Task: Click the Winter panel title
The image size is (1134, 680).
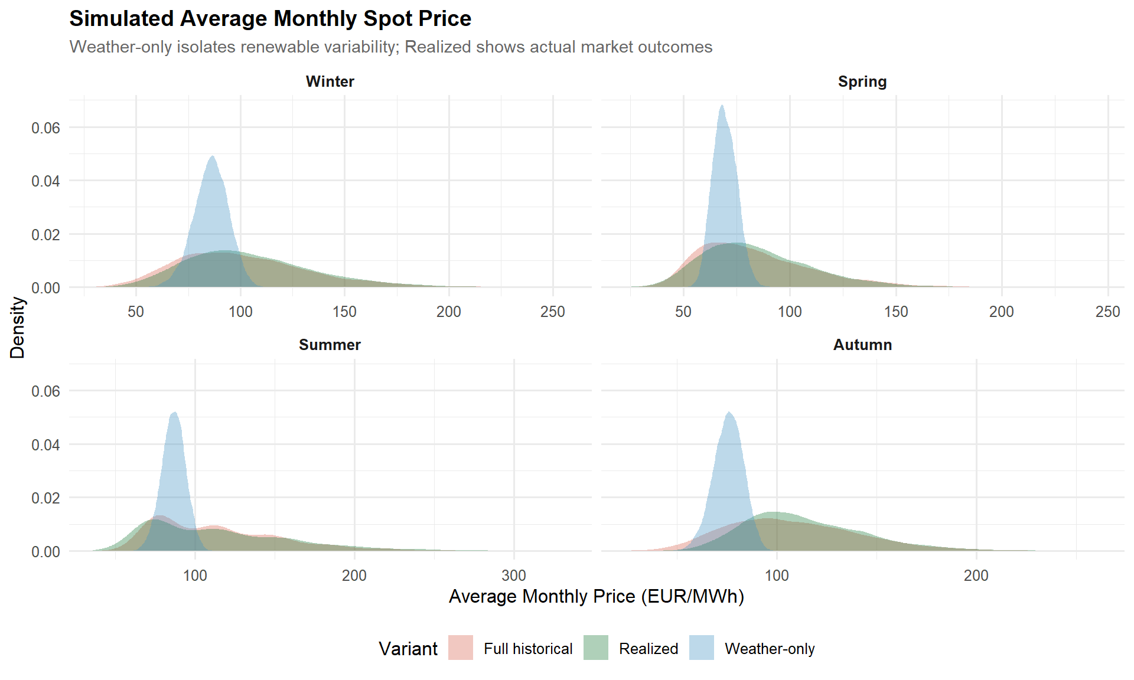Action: (330, 81)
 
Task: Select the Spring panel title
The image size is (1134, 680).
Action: (862, 81)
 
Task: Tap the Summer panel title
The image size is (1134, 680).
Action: (330, 345)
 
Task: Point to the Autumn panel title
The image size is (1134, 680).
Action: (862, 345)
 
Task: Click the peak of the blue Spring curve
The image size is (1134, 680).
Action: (722, 106)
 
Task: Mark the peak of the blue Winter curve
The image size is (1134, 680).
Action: (212, 156)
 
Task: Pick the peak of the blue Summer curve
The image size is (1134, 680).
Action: (174, 413)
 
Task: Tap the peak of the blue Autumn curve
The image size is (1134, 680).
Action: (729, 413)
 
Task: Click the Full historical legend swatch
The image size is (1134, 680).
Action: (461, 648)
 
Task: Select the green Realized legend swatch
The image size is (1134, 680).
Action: (595, 648)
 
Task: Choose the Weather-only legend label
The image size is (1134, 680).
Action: (770, 649)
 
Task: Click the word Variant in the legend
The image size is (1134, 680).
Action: (408, 649)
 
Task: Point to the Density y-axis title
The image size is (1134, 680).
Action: (18, 328)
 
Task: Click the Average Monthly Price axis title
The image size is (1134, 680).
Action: (596, 596)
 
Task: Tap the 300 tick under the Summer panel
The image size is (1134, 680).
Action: (513, 576)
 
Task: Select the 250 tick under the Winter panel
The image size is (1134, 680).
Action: (552, 312)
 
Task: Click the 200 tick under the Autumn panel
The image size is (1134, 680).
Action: (976, 576)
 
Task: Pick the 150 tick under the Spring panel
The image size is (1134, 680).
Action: (895, 312)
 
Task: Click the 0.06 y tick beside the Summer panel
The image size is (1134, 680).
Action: (45, 391)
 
